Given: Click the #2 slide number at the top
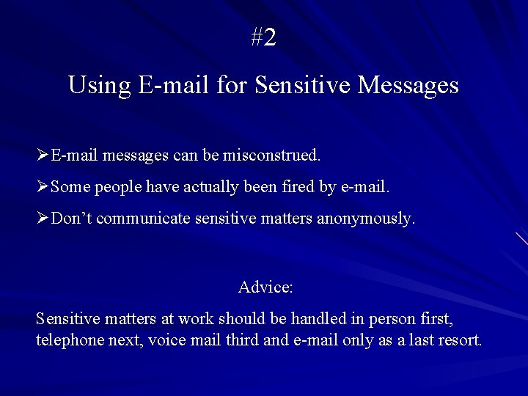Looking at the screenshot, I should click(x=263, y=37).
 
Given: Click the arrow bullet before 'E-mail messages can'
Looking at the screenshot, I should click(x=43, y=155).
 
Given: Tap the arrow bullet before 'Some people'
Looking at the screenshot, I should click(x=43, y=187).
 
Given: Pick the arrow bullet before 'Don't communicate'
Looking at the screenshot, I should click(x=43, y=218).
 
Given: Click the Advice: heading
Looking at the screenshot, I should click(x=265, y=287).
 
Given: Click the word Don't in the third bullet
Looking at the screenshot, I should click(x=73, y=218).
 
